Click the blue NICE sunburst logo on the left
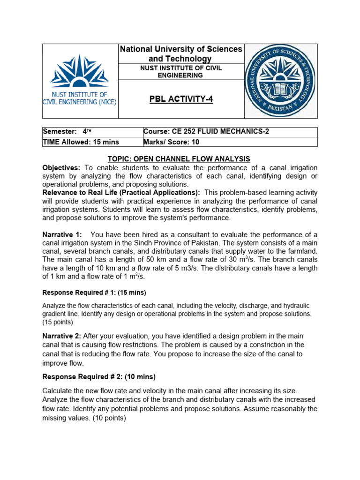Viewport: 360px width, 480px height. point(79,71)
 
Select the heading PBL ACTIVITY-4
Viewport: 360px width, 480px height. point(181,99)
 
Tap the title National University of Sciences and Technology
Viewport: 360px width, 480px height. point(181,54)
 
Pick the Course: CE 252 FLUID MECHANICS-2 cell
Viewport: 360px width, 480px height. point(206,132)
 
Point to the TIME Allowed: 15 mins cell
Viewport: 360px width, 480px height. point(81,142)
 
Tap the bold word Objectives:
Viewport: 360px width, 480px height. point(61,168)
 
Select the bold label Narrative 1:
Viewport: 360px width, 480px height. point(62,234)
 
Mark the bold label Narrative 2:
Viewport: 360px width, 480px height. point(62,336)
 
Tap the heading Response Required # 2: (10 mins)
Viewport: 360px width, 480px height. point(99,376)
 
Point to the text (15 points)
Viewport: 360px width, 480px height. point(58,322)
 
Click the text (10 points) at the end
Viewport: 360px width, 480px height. point(110,418)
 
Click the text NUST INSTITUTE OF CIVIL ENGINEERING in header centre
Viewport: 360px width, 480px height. point(181,72)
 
